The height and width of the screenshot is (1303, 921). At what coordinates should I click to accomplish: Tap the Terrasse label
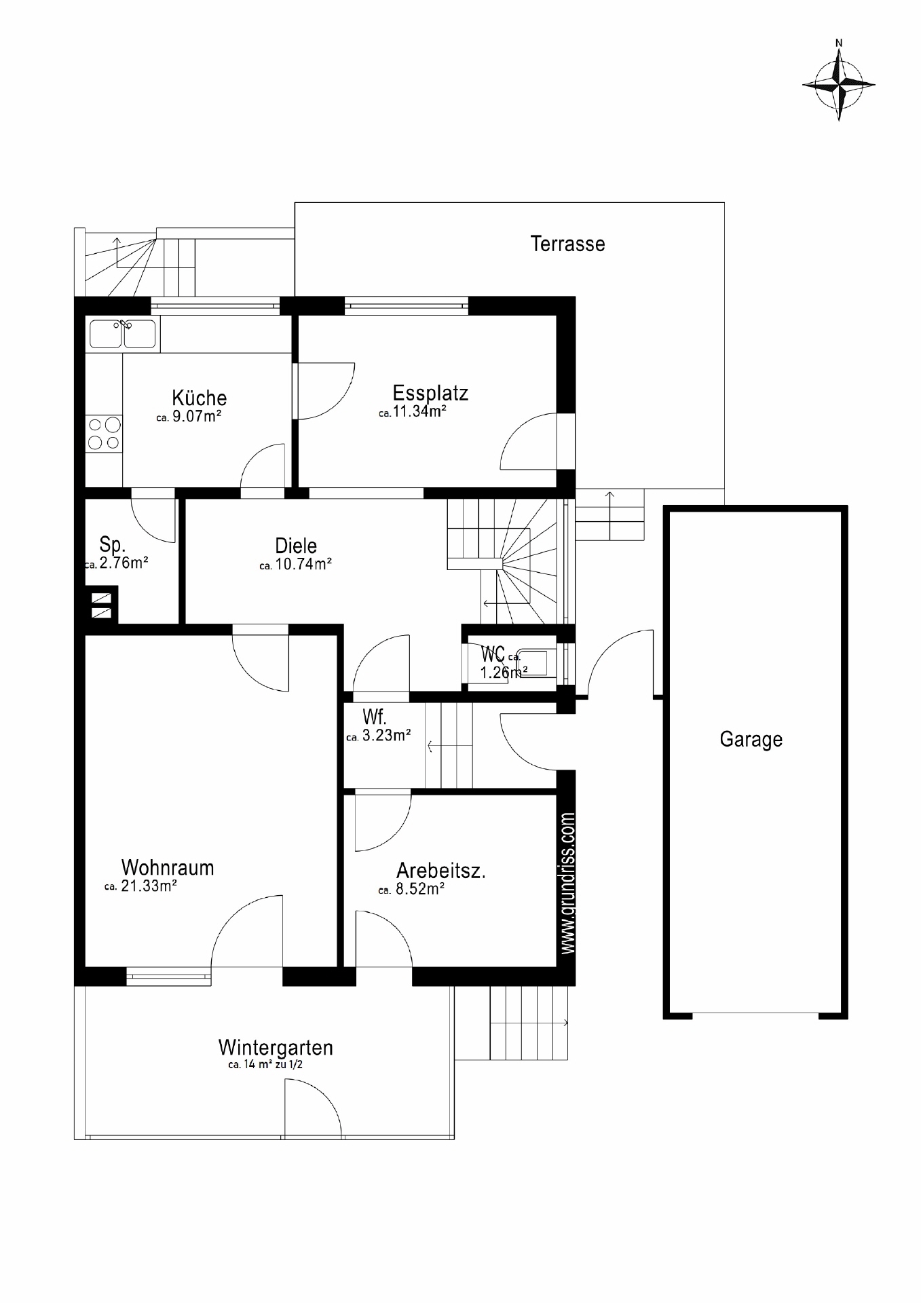(x=567, y=244)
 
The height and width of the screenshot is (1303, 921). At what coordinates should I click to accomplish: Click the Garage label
(x=751, y=739)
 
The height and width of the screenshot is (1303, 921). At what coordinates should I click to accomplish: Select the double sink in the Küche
(x=123, y=334)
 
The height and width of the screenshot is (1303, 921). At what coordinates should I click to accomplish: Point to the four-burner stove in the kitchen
(x=104, y=434)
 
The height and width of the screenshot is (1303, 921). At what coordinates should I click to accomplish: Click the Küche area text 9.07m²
(x=197, y=416)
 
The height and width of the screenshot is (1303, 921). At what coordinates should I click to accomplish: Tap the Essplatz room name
(x=430, y=394)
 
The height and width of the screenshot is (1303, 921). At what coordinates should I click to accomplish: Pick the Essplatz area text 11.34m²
(x=419, y=411)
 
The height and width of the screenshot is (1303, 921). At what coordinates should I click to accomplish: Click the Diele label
(x=296, y=546)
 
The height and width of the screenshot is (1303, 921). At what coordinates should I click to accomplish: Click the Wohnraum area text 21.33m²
(x=149, y=886)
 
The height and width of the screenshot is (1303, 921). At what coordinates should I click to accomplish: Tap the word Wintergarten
(x=276, y=1048)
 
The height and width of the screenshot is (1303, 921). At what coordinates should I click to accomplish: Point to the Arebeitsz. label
(x=441, y=871)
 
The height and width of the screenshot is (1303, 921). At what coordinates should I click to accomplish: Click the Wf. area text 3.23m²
(x=386, y=736)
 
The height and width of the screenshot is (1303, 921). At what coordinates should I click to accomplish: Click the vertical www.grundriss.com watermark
(x=569, y=883)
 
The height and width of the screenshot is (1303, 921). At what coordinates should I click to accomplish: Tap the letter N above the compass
(x=839, y=43)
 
